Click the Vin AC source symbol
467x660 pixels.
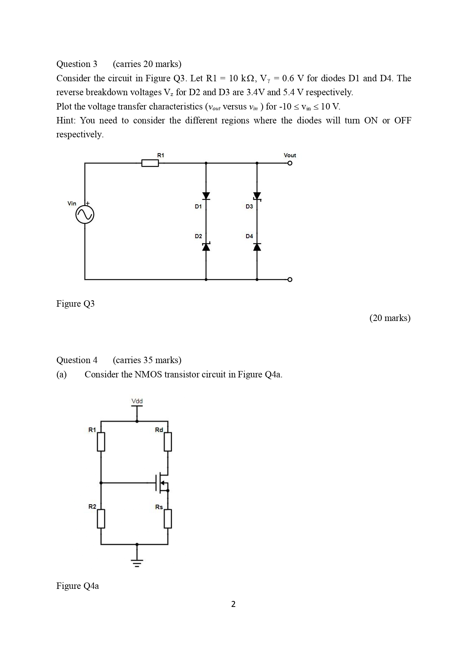[x=85, y=215]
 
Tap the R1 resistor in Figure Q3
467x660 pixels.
[x=150, y=163]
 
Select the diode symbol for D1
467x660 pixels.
[x=206, y=196]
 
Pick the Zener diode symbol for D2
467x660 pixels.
[x=206, y=246]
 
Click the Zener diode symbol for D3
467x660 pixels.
[x=257, y=196]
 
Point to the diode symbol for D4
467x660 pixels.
[x=257, y=246]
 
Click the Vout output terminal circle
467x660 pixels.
[x=289, y=163]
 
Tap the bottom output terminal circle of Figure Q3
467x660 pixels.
[x=289, y=280]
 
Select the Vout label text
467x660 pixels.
[x=290, y=155]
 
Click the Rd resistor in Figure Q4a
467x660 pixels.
[x=168, y=442]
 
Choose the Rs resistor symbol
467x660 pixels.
[x=168, y=519]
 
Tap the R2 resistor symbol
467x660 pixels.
[x=101, y=519]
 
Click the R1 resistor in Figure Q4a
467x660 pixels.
[x=101, y=442]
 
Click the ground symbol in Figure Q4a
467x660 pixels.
[x=137, y=563]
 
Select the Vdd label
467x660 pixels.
[x=137, y=401]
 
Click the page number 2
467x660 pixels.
[x=233, y=604]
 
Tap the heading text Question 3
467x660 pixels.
[x=77, y=64]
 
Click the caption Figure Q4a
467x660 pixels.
[x=78, y=586]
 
